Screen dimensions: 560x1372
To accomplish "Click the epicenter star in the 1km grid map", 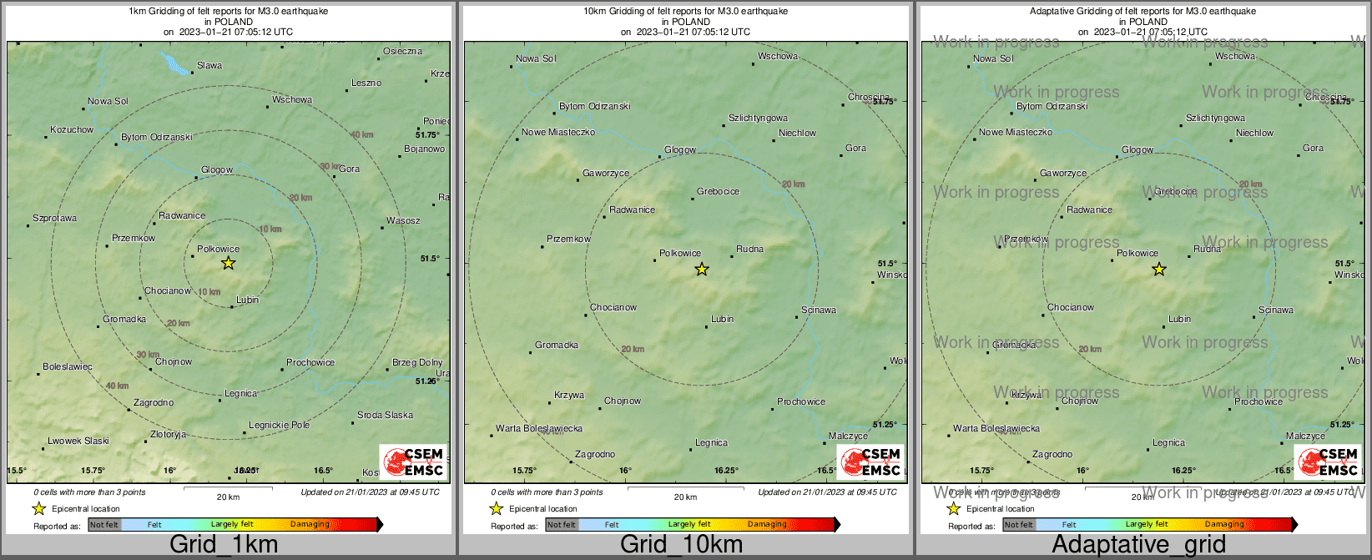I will (x=228, y=263).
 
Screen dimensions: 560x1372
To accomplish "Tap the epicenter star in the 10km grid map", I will (x=702, y=269).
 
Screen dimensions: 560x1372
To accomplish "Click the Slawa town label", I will (x=209, y=65).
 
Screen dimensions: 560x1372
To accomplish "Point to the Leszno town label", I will (x=366, y=83).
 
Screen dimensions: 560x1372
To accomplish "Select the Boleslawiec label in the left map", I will (x=68, y=366).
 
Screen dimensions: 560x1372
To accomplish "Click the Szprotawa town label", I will (x=54, y=218).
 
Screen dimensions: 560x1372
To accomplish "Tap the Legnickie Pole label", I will (x=279, y=425).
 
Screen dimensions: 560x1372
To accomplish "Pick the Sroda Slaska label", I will (x=385, y=415).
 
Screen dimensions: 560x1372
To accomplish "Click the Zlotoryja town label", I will (x=168, y=434).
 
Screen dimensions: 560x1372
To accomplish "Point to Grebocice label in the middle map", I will (x=718, y=191).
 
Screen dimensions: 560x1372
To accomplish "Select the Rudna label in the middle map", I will (x=749, y=249).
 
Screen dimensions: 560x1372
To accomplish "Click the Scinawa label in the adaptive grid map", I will (x=1275, y=310).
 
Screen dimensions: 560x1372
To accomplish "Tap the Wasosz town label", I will (x=403, y=220).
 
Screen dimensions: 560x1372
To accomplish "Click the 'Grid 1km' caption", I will (x=224, y=545).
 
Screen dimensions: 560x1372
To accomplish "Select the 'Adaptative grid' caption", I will (x=1138, y=545).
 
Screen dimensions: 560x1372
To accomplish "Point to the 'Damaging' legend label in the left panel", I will (x=310, y=524).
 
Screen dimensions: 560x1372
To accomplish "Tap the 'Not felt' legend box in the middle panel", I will (x=562, y=524).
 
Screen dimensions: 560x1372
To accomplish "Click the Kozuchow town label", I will (x=72, y=129).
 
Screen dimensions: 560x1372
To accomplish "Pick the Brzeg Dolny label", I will (x=417, y=362).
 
